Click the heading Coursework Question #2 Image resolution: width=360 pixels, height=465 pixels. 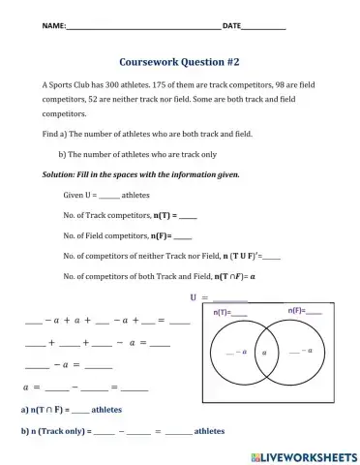pos(179,59)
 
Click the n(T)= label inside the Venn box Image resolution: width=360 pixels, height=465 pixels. pos(228,313)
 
